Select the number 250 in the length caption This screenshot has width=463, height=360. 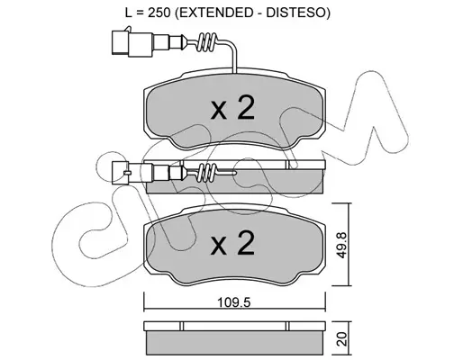tap(159, 13)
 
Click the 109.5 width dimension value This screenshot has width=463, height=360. tap(233, 303)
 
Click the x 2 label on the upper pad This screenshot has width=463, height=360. tap(233, 108)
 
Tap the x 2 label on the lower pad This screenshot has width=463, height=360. tap(233, 244)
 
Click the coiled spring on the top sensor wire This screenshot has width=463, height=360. tap(207, 41)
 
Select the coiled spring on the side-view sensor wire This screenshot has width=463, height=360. tap(207, 173)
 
